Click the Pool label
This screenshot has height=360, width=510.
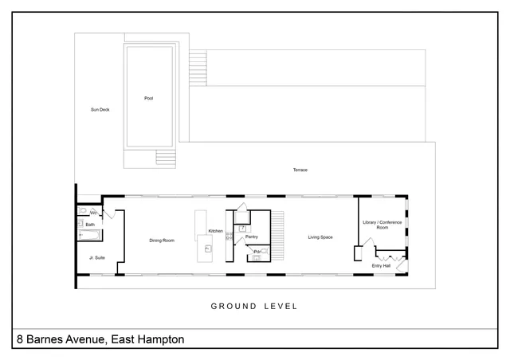click(148, 99)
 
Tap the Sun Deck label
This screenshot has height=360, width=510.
click(100, 109)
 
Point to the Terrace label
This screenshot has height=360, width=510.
click(300, 170)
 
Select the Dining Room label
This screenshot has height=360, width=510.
click(162, 240)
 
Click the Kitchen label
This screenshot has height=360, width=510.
click(215, 231)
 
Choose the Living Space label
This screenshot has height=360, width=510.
click(320, 237)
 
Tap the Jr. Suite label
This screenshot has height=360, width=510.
click(96, 257)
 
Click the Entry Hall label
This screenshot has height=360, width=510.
click(381, 265)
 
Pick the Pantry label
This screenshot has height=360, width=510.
click(251, 237)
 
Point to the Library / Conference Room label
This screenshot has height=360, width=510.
click(382, 225)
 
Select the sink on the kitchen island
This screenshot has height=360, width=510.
click(207, 249)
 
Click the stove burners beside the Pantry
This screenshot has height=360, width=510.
click(229, 236)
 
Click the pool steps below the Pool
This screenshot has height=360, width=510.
click(165, 158)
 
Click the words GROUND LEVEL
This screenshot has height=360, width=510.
click(253, 306)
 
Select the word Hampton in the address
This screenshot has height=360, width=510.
click(159, 340)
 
